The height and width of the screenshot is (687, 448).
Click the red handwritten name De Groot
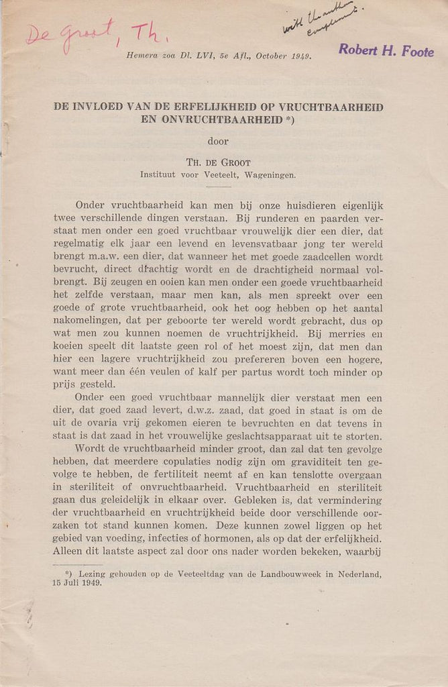[67, 34]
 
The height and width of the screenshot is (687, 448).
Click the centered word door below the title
[218, 142]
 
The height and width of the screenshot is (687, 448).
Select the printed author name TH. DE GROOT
[218, 162]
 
